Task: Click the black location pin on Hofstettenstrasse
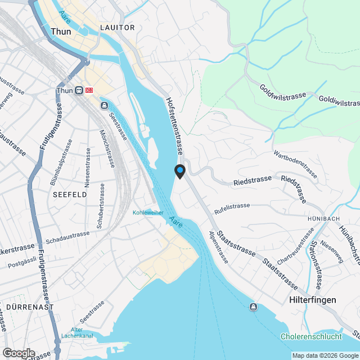click(x=180, y=171)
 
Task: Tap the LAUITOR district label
click(x=117, y=28)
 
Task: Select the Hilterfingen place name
click(x=312, y=300)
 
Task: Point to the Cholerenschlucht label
click(x=310, y=337)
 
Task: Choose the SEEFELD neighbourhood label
click(x=70, y=194)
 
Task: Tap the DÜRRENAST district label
click(x=30, y=307)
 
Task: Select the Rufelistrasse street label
click(x=232, y=209)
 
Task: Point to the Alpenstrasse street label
click(x=218, y=247)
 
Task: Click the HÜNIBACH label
click(x=322, y=218)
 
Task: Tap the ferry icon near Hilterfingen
click(x=254, y=307)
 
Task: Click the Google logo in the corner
click(x=19, y=353)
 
